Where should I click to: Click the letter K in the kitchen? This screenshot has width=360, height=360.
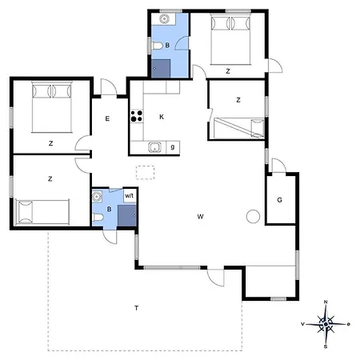[162, 117]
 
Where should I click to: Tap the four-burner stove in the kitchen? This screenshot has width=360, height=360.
[137, 116]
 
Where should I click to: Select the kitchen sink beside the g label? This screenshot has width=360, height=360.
[154, 147]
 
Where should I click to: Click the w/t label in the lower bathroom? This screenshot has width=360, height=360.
[129, 196]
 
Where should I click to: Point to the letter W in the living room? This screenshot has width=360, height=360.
[201, 217]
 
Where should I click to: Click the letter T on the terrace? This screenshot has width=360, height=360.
[137, 308]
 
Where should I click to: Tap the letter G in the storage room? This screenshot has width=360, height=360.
[279, 200]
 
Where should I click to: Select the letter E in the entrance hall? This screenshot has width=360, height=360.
[107, 118]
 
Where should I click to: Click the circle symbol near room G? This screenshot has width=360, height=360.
[253, 216]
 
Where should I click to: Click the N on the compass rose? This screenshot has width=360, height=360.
[326, 302]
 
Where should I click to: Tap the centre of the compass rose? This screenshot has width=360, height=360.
[326, 324]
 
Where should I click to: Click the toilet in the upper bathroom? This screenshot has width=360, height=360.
[157, 46]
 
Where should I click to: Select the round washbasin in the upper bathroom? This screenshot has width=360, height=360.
[165, 19]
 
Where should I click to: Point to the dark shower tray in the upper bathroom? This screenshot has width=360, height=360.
[161, 69]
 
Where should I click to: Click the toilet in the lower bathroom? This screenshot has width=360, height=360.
[98, 218]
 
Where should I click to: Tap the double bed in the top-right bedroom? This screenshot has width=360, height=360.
[230, 39]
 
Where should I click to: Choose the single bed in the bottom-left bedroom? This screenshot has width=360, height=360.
[42, 212]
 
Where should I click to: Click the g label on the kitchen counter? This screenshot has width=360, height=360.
[173, 147]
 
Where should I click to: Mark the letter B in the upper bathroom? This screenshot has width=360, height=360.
[167, 46]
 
